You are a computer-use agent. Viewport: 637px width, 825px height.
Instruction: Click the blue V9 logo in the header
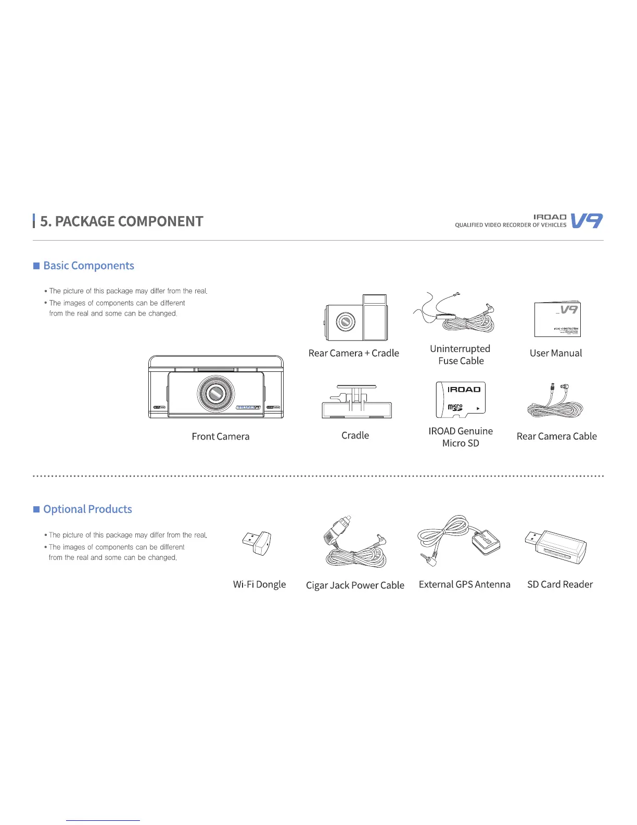[587, 221]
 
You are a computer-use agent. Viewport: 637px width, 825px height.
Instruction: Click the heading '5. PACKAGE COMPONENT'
[121, 221]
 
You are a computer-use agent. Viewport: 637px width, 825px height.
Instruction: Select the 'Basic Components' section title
[88, 266]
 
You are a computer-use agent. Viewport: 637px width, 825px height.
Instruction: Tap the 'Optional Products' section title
[87, 509]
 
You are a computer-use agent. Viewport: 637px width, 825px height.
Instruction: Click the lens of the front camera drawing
[215, 394]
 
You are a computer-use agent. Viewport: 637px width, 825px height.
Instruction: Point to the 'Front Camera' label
[221, 436]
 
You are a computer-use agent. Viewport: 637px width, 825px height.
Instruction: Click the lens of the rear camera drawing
[345, 322]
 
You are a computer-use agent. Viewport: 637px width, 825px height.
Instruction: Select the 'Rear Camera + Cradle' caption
[353, 353]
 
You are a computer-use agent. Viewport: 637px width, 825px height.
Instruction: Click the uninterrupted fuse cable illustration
[458, 315]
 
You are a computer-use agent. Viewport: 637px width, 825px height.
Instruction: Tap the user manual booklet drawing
[557, 319]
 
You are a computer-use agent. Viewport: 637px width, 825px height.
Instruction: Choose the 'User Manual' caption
[556, 353]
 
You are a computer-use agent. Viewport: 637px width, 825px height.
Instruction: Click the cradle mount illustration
[356, 402]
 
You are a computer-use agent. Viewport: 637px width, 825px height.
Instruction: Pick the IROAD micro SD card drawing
[461, 400]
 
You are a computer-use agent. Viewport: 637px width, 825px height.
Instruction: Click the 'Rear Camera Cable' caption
[556, 436]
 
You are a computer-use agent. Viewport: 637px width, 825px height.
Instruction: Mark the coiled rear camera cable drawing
[555, 403]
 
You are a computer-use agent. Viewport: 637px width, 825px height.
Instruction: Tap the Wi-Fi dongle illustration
[258, 543]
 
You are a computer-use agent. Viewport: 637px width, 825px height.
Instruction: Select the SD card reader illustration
[557, 546]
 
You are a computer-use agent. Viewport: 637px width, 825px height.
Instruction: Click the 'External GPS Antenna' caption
[464, 584]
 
